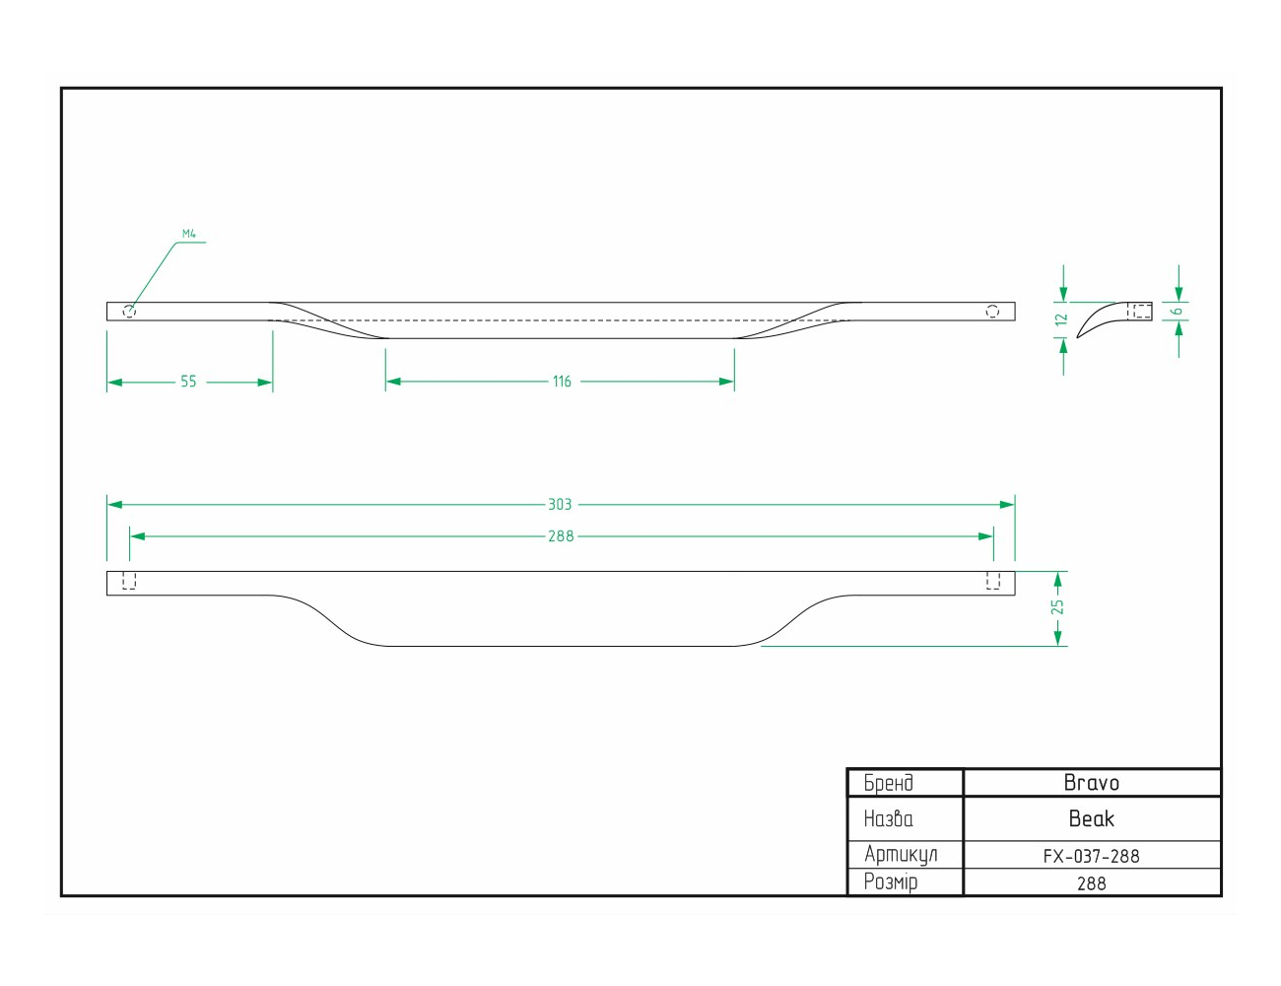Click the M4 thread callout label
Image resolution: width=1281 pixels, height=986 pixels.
point(188,234)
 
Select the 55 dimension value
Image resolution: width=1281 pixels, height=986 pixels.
point(188,382)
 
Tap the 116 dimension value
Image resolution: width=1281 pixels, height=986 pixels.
point(562,382)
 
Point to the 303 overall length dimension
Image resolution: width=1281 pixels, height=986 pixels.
point(560,504)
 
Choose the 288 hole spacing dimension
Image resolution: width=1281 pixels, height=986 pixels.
point(561,536)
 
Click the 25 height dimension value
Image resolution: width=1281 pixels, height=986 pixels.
point(1057,606)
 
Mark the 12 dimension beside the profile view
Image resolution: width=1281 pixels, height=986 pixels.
point(1062,319)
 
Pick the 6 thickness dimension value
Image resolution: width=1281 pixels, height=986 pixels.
point(1178,312)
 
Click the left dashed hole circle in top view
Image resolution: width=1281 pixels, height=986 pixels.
point(129,311)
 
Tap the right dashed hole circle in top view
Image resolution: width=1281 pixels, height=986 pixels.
point(992,311)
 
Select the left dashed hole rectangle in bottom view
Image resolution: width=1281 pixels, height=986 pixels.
point(129,581)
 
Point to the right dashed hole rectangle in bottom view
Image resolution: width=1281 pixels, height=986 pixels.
point(993,581)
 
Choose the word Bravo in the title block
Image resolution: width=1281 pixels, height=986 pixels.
point(1091,783)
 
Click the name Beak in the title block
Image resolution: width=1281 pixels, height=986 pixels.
point(1091,818)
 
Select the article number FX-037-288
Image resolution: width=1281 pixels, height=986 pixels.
point(1091,856)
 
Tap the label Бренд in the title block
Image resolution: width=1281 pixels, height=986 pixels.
point(889,783)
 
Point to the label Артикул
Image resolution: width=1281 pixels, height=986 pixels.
point(901,855)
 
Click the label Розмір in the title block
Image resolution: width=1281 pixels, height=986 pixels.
point(891,882)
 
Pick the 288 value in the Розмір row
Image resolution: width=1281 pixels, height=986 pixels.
point(1091,883)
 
